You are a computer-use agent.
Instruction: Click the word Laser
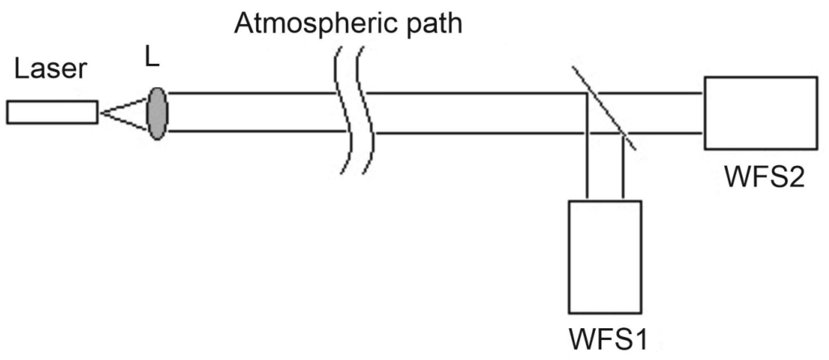tap(50, 69)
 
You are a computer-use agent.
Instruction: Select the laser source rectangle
tap(52, 112)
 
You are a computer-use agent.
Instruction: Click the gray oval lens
tap(157, 114)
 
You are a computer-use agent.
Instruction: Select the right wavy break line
tap(366, 112)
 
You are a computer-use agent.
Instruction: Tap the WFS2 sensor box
tap(760, 113)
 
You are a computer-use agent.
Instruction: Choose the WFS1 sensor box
tap(604, 257)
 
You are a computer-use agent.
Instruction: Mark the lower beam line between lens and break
tap(257, 131)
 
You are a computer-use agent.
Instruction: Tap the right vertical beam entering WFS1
tap(623, 169)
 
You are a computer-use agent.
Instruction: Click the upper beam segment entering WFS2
tap(651, 93)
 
